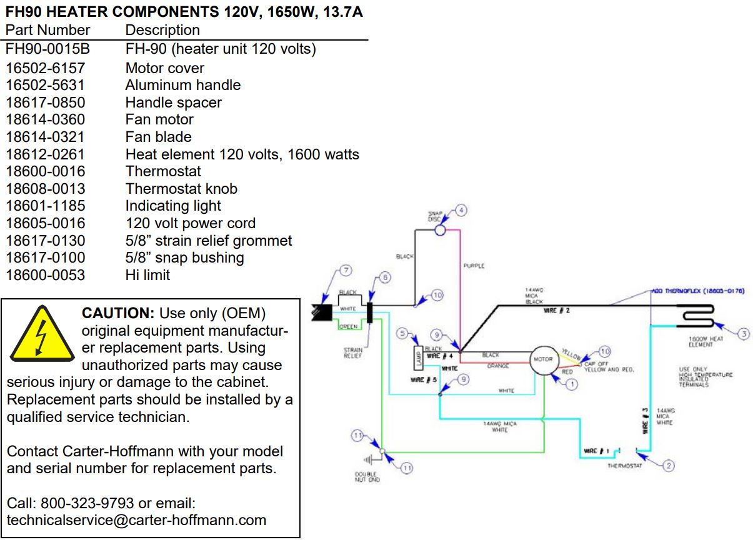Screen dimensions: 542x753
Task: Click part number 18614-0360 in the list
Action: pos(46,119)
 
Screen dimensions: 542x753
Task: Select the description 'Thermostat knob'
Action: pos(181,189)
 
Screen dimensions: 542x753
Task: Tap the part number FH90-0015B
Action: pos(48,49)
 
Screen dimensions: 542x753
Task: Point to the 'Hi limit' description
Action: pos(147,275)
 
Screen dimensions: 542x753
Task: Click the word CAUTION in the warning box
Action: pos(118,313)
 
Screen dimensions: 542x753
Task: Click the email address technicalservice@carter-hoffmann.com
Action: pos(136,520)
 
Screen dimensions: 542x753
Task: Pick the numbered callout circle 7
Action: pos(345,270)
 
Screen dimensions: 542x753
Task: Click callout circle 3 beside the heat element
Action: pos(743,334)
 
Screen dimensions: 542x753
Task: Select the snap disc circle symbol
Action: pos(439,230)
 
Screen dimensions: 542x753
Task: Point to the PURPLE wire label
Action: pos(474,266)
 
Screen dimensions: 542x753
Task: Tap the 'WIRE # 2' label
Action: pos(556,311)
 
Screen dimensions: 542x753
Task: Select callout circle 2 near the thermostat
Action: pos(668,465)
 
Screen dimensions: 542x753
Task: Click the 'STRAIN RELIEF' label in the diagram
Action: pos(352,353)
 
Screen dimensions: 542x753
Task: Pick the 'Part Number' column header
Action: pos(48,30)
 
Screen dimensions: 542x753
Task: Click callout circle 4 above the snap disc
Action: pos(461,211)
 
